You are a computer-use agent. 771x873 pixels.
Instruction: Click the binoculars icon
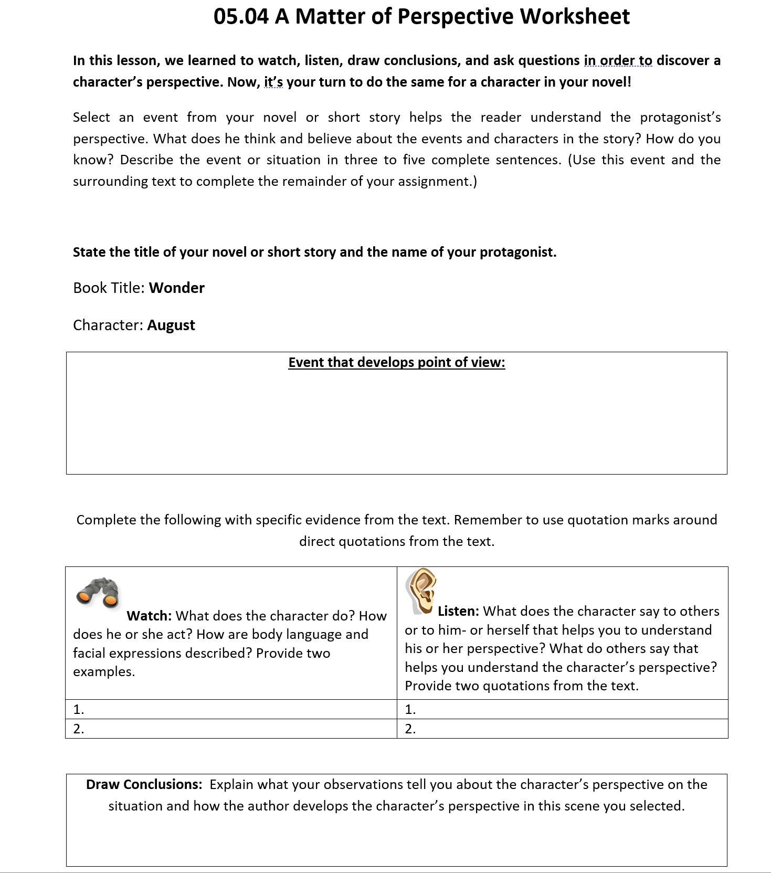click(x=98, y=592)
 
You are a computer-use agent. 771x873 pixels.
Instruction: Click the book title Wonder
click(x=176, y=288)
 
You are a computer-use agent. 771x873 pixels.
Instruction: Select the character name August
click(x=171, y=325)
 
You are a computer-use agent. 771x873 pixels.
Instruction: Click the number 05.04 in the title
click(x=241, y=16)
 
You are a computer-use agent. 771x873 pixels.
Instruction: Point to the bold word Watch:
click(x=149, y=616)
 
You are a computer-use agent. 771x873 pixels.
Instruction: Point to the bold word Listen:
click(x=458, y=611)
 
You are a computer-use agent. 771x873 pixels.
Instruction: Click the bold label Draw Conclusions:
click(x=144, y=784)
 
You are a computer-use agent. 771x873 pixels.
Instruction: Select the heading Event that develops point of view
click(x=396, y=362)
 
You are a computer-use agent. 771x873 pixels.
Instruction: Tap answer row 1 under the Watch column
click(x=231, y=709)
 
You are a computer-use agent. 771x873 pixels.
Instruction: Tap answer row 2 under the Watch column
click(x=231, y=729)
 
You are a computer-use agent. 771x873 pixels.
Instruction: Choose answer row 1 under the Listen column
click(x=562, y=709)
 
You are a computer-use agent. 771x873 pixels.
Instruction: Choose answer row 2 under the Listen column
click(x=562, y=729)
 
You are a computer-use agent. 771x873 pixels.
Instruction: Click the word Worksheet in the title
click(x=575, y=16)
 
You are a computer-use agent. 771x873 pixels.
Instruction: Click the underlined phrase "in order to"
click(x=618, y=61)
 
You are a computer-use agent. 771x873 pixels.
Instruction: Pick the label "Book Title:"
click(x=109, y=288)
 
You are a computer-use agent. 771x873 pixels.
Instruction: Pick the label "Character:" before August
click(x=108, y=325)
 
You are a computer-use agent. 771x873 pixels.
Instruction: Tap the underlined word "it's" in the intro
click(x=273, y=82)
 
